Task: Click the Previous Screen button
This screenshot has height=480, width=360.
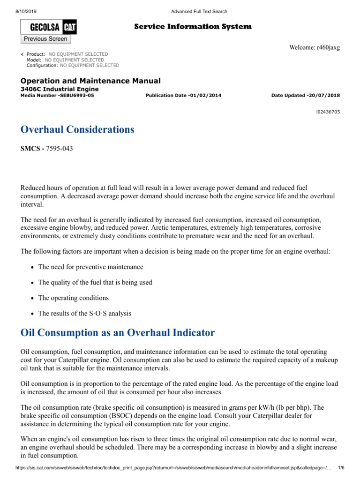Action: point(45,39)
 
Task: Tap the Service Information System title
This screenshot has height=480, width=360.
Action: point(193,27)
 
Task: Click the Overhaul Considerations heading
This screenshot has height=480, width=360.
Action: point(77,130)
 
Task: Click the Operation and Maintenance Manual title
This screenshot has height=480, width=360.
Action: point(90,81)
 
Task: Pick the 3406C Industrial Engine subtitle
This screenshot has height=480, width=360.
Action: point(60,89)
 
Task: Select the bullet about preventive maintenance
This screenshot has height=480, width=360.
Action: point(90,267)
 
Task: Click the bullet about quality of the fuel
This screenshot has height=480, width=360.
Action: point(95,283)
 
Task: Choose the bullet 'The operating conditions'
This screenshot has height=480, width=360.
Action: point(73,298)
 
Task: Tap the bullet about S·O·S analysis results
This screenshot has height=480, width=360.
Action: point(84,314)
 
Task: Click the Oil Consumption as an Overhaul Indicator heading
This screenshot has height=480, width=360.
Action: point(118,333)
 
